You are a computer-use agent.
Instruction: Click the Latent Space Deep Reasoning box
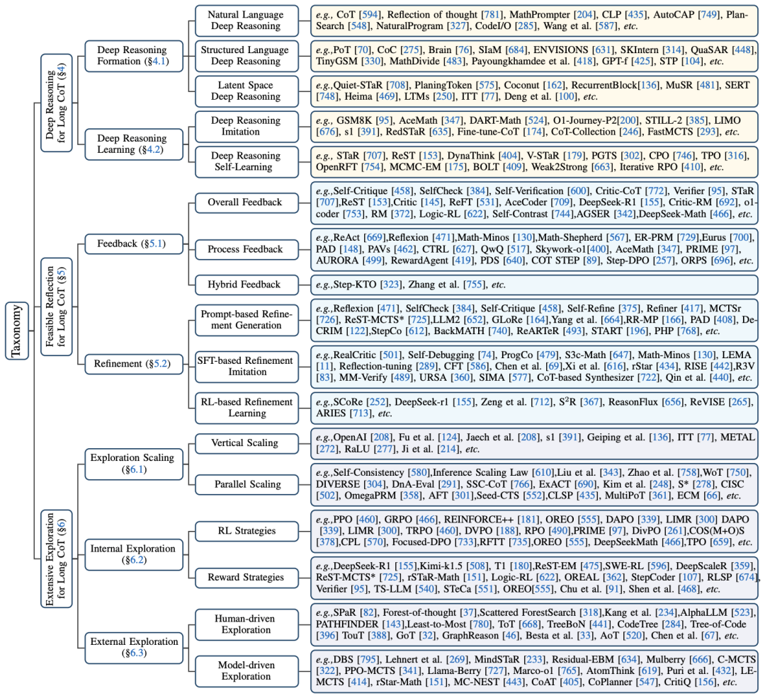click(x=244, y=91)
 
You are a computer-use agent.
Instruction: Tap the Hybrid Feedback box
click(x=244, y=285)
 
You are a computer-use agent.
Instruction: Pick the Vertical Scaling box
click(x=244, y=443)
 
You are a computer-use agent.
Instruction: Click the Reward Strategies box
click(x=244, y=578)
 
